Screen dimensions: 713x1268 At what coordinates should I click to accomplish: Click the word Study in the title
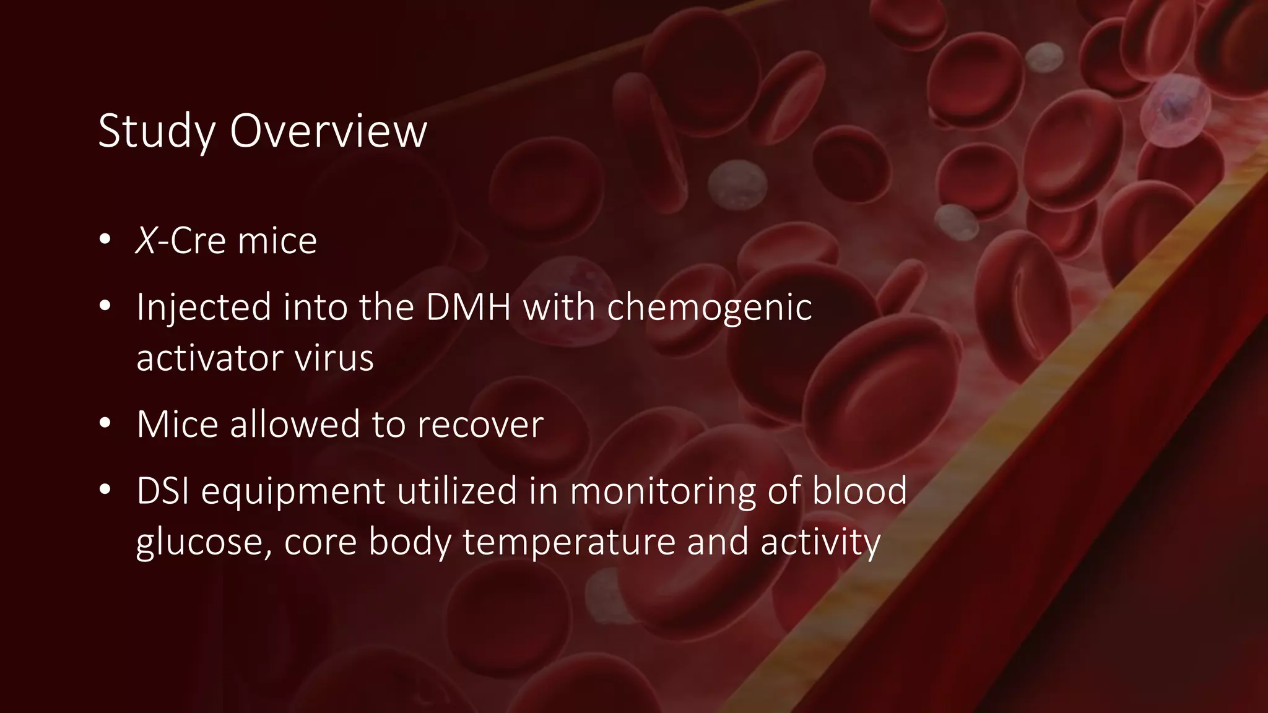tap(157, 131)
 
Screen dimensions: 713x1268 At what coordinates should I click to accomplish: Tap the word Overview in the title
tap(328, 131)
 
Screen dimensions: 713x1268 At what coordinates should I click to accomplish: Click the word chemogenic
tap(709, 307)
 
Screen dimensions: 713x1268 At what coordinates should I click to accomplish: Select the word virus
tap(334, 358)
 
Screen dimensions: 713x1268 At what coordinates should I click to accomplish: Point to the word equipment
tap(293, 491)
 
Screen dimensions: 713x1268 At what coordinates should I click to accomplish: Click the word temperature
tap(569, 542)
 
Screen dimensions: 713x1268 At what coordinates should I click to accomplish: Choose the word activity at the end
tap(820, 542)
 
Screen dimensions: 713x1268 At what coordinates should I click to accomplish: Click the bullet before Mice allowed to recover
tap(105, 423)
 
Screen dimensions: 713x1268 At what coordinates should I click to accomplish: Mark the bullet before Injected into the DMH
tap(105, 306)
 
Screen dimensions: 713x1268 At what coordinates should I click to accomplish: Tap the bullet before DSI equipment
tap(105, 490)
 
